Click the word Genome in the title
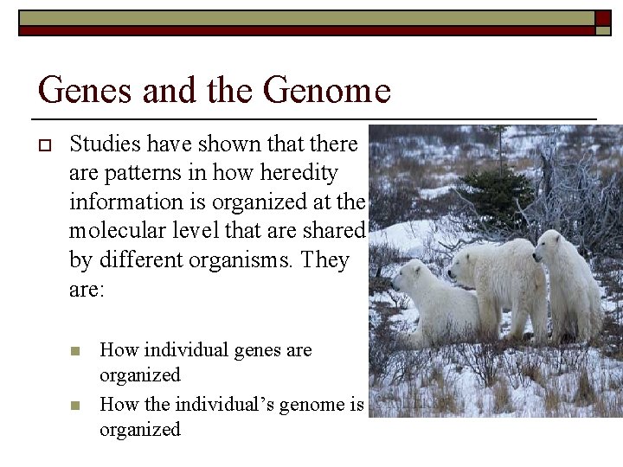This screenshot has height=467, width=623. click(327, 90)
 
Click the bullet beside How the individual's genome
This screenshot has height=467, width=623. click(75, 405)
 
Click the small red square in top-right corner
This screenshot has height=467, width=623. click(602, 18)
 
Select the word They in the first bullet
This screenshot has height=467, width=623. click(320, 260)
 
